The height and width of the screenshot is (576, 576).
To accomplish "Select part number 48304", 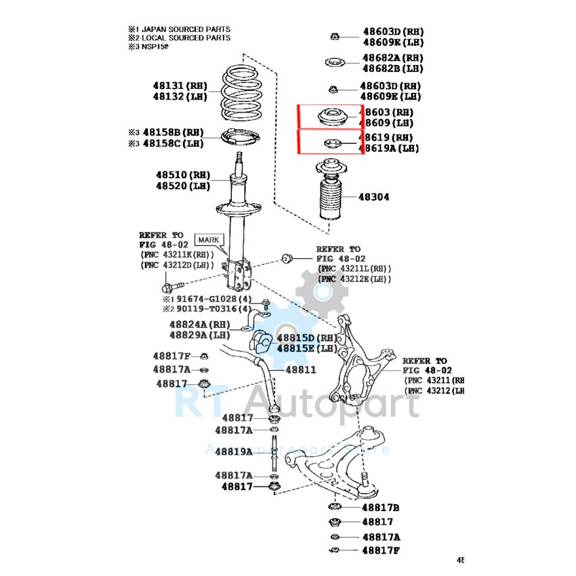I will click(375, 197).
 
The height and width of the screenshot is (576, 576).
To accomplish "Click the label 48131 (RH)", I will click(180, 86).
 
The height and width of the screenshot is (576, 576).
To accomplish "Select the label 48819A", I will click(234, 451).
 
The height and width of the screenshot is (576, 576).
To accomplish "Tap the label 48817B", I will click(379, 508).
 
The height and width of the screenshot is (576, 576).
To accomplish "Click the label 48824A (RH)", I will click(199, 325).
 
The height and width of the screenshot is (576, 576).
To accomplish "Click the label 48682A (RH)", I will click(392, 58).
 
